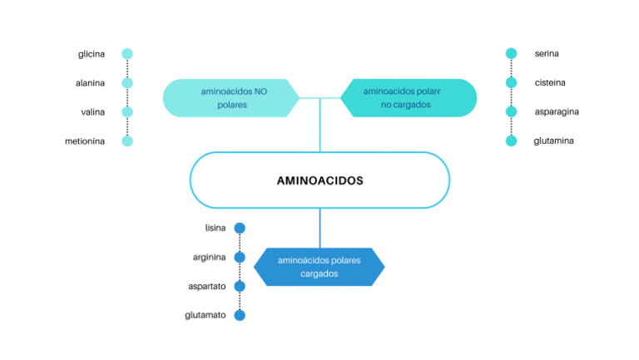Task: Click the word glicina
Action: (92, 54)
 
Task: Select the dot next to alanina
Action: (127, 83)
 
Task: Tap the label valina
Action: (92, 112)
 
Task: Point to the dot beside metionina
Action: (127, 141)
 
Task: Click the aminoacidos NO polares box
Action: (230, 98)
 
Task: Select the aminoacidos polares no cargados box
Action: (409, 98)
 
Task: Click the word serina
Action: (547, 54)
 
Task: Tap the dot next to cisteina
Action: (511, 83)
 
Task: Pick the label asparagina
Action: (557, 112)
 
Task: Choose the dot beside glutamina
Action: (511, 141)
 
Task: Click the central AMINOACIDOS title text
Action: (319, 180)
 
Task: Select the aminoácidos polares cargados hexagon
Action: (319, 267)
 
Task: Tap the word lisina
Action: (215, 228)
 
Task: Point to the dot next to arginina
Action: (240, 257)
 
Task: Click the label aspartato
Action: (207, 286)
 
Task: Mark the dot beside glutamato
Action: (240, 315)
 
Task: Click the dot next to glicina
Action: (127, 54)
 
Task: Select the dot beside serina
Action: (511, 54)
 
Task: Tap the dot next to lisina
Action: (240, 228)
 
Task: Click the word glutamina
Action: (553, 141)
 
